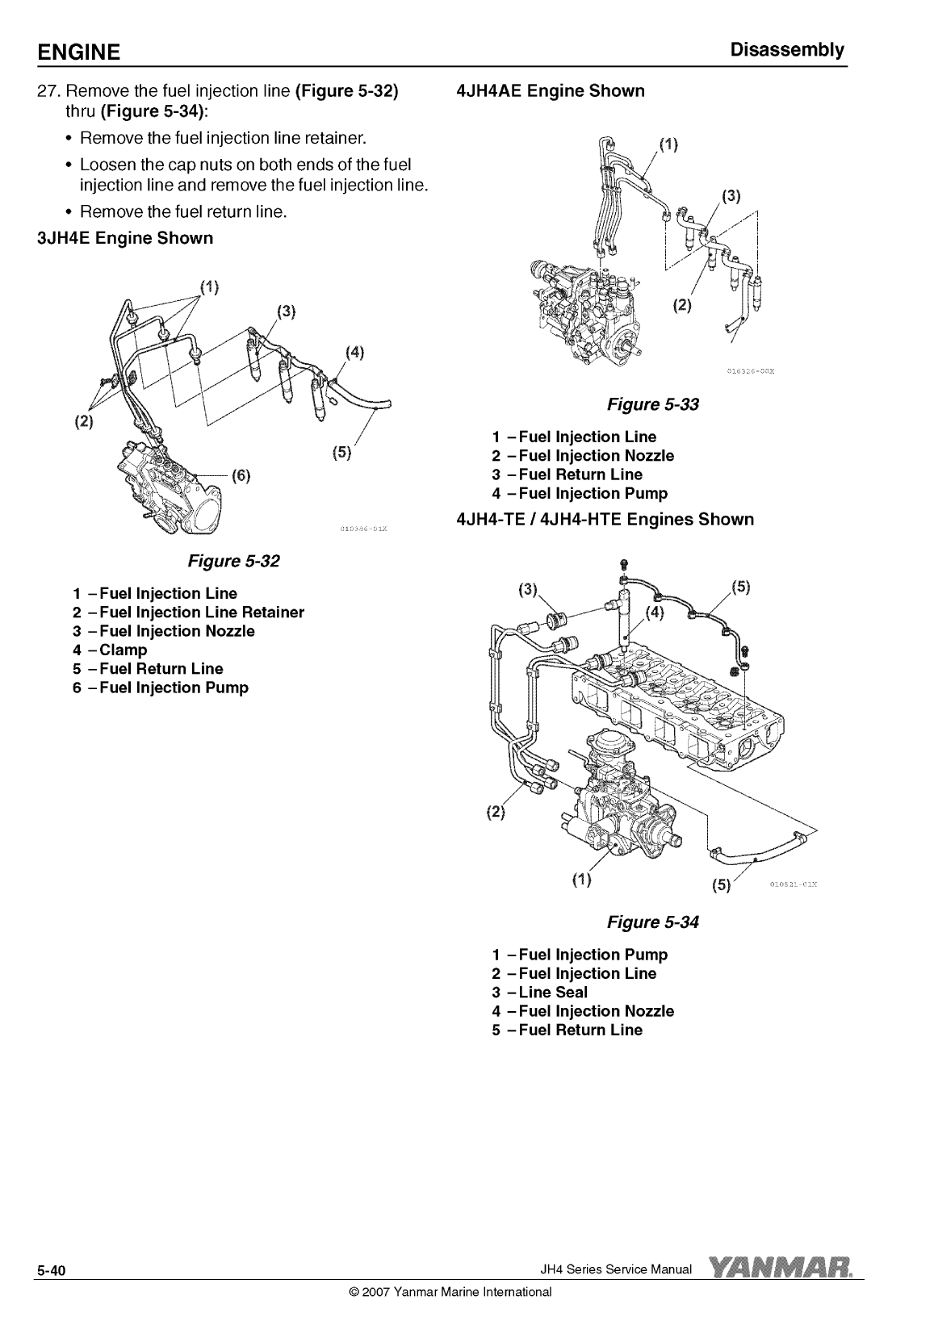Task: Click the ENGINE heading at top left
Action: coord(78,52)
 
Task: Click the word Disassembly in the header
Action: coord(787,50)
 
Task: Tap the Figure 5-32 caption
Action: coord(233,561)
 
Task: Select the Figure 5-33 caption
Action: coord(652,404)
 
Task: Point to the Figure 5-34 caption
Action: coord(652,922)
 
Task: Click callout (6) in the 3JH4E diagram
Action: coord(241,475)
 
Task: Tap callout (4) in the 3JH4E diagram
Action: coord(354,353)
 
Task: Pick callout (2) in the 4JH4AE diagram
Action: coord(682,305)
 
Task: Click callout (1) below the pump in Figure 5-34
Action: coord(582,880)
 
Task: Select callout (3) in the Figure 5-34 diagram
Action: coord(528,589)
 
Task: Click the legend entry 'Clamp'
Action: coord(110,650)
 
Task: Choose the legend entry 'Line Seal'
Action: coord(539,993)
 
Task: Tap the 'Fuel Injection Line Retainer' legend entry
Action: coord(188,612)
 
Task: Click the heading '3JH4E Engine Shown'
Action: coord(125,238)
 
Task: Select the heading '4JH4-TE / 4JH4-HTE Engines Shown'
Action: coord(605,520)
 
